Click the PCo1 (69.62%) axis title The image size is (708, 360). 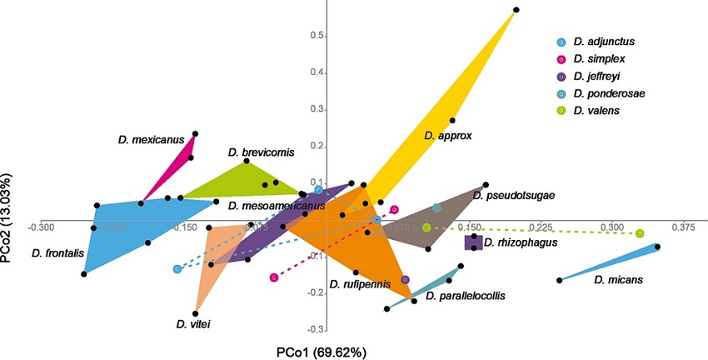pyautogui.click(x=321, y=351)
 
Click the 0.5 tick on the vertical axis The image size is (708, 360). pyautogui.click(x=317, y=36)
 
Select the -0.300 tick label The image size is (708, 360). pyautogui.click(x=42, y=227)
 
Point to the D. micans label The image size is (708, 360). pyautogui.click(x=617, y=281)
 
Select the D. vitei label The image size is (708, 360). pyautogui.click(x=192, y=323)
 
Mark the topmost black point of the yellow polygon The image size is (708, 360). pyautogui.click(x=516, y=10)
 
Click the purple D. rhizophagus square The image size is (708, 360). pyautogui.click(x=473, y=242)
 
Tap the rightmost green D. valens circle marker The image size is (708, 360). pyautogui.click(x=639, y=233)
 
